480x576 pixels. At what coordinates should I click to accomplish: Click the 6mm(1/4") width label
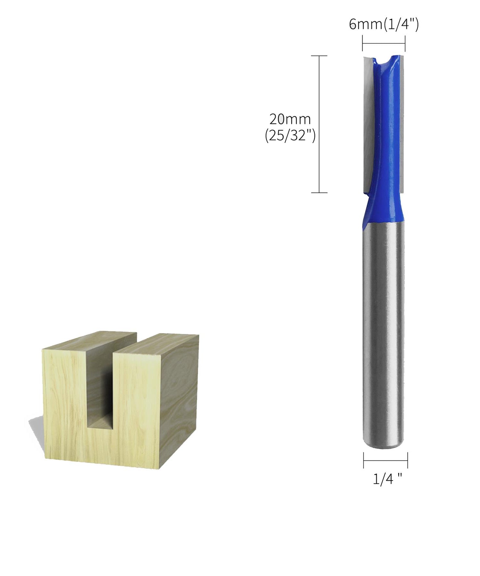(x=383, y=25)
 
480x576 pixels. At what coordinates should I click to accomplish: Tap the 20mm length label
(x=290, y=119)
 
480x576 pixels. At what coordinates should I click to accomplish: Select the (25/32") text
(x=290, y=136)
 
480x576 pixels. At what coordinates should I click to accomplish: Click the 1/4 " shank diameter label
(x=387, y=479)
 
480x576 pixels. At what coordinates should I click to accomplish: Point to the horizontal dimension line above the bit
(x=384, y=44)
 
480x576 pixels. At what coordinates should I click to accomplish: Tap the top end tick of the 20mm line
(x=319, y=56)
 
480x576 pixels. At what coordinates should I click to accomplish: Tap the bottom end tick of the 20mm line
(x=319, y=193)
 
